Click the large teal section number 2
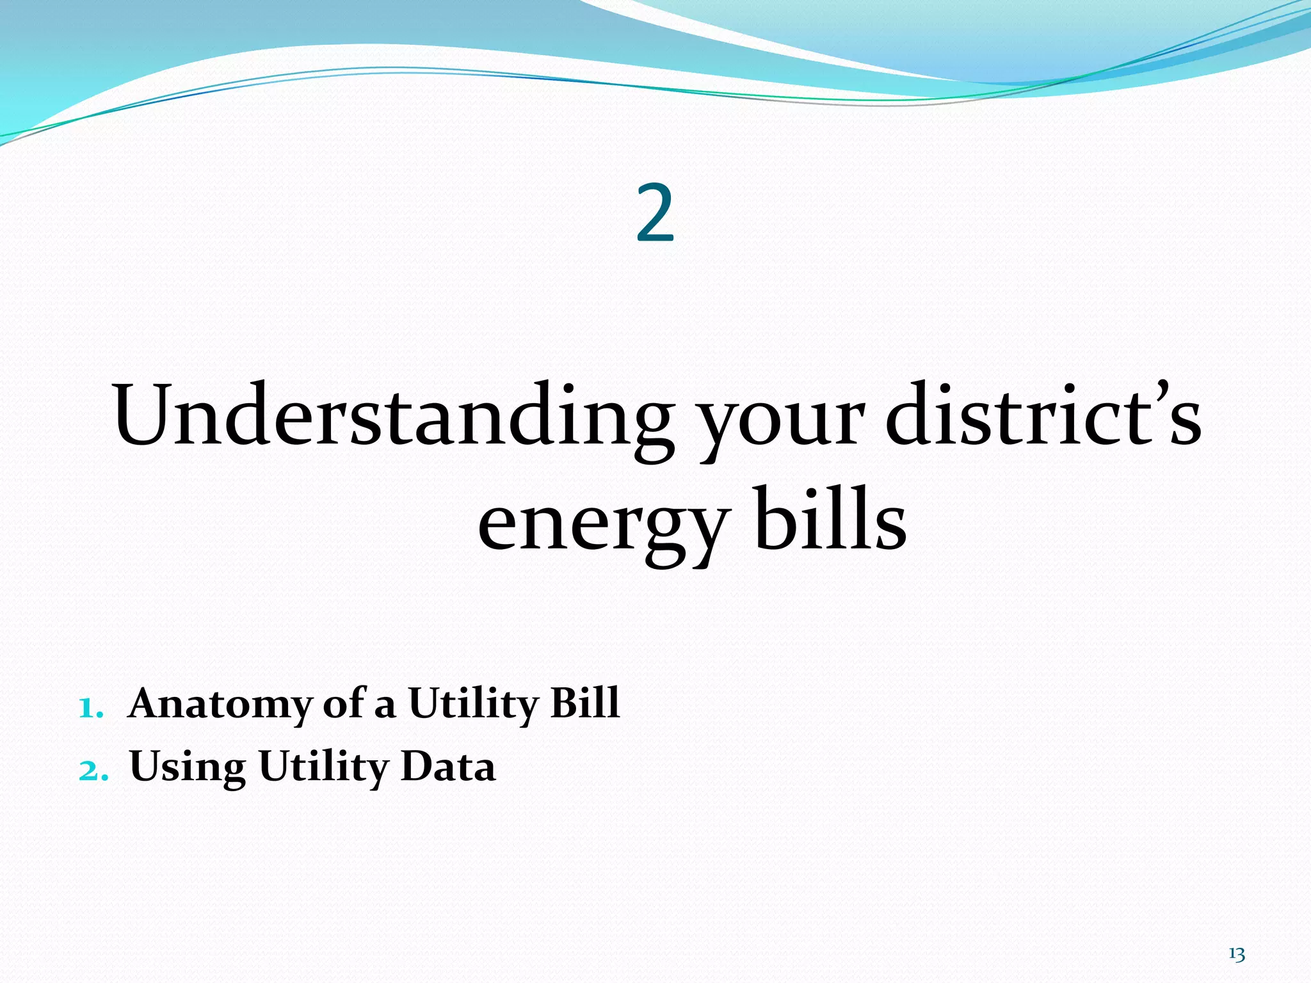(655, 213)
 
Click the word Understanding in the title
(392, 416)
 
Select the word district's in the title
(1043, 416)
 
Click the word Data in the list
(447, 767)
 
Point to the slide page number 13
(1236, 954)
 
